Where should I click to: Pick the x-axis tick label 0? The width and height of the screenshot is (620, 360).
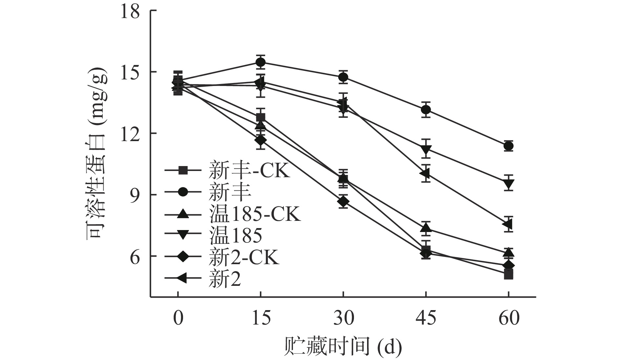(178, 318)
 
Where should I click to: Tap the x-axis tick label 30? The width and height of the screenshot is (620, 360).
(343, 318)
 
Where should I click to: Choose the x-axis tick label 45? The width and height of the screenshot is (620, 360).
(426, 318)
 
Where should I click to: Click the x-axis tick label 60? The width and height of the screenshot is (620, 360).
(508, 318)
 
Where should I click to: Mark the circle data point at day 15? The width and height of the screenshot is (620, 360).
(260, 62)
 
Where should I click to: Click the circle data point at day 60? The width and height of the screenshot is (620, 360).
(508, 146)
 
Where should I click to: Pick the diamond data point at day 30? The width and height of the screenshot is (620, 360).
(343, 201)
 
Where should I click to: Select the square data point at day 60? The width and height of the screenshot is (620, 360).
(508, 274)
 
